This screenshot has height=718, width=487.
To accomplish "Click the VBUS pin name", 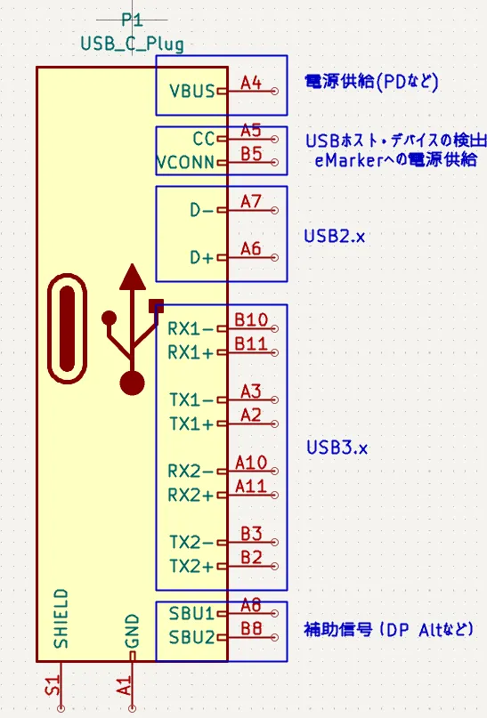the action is [x=192, y=91].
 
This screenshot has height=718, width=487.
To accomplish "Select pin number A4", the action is [x=251, y=83].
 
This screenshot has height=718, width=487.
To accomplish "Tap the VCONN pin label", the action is [x=185, y=163].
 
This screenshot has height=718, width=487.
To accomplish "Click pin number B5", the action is [x=251, y=154].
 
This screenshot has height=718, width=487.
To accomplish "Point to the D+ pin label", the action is [x=202, y=257].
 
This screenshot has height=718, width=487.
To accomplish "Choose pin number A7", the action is [x=251, y=201].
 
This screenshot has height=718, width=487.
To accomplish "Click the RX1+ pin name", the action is [x=191, y=352].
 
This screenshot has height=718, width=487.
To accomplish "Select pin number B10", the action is [x=251, y=319].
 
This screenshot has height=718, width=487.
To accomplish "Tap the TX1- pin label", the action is [x=191, y=400].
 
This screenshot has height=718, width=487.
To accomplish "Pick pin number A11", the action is [x=251, y=486].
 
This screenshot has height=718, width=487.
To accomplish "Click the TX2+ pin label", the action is [x=191, y=567].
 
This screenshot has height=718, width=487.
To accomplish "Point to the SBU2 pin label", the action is [x=191, y=637].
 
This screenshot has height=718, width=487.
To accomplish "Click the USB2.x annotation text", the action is [x=335, y=237].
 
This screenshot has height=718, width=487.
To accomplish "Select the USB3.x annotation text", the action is [x=337, y=448].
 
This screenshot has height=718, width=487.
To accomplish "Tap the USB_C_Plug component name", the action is [x=133, y=44].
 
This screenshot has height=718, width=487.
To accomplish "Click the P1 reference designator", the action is [x=132, y=20].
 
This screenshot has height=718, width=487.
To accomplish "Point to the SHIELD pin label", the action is [x=61, y=618].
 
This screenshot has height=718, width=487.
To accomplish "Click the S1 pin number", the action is [x=53, y=685].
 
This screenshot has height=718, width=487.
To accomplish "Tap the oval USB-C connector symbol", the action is [x=67, y=328].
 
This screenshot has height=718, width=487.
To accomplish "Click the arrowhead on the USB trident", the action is [x=133, y=277].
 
